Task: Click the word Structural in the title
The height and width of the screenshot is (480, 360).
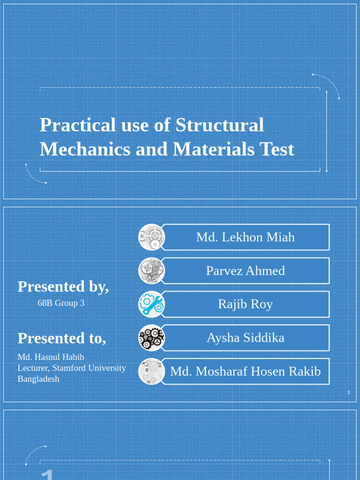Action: [220, 125]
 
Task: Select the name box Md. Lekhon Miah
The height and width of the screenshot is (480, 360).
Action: [245, 237]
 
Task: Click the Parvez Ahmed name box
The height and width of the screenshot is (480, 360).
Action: [245, 271]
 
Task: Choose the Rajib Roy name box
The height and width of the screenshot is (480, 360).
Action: [245, 304]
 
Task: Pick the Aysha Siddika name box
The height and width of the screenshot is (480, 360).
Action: [245, 338]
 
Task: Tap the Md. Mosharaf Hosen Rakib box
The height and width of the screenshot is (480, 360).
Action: [245, 372]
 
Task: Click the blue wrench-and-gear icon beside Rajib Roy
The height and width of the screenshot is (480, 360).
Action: [151, 304]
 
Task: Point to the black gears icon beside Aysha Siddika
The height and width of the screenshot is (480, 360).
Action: [151, 338]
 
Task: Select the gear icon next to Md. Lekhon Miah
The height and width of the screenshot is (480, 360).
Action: [151, 237]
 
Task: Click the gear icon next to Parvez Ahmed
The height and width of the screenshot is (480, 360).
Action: [151, 271]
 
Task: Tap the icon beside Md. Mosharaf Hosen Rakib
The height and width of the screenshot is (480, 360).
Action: [151, 372]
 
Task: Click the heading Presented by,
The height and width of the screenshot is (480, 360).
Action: [63, 286]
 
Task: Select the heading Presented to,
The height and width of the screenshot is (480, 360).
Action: [62, 338]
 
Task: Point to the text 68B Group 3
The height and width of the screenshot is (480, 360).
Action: [61, 303]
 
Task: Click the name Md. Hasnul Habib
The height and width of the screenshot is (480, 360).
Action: [51, 357]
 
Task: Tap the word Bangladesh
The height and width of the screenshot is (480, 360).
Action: [38, 379]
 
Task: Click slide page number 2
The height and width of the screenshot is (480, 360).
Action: [348, 392]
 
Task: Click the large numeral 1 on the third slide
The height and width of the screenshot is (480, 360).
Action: [47, 474]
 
